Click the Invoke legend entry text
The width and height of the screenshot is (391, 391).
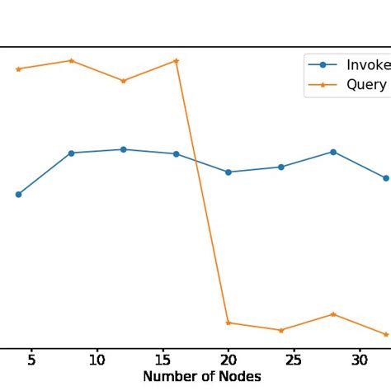pyautogui.click(x=368, y=65)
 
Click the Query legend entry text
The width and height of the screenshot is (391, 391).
pyautogui.click(x=366, y=85)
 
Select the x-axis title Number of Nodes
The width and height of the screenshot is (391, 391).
pyautogui.click(x=202, y=376)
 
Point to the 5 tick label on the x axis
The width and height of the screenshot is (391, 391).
pyautogui.click(x=31, y=359)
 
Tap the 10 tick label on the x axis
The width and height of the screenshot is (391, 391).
pyautogui.click(x=97, y=359)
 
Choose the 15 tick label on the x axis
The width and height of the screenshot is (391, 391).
pyautogui.click(x=163, y=359)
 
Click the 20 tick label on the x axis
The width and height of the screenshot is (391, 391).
pyautogui.click(x=228, y=359)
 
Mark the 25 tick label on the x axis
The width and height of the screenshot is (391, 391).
pyautogui.click(x=294, y=359)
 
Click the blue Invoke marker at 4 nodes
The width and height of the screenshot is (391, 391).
pyautogui.click(x=18, y=195)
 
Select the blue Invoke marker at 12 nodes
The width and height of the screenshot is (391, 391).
pyautogui.click(x=124, y=149)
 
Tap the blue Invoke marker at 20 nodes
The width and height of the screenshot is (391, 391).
pyautogui.click(x=228, y=172)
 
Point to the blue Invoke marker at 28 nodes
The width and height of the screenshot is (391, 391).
pyautogui.click(x=333, y=152)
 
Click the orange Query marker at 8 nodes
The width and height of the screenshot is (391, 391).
pyautogui.click(x=71, y=60)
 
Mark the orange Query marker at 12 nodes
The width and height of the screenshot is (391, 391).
pyautogui.click(x=124, y=81)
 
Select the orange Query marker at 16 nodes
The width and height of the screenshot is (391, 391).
pyautogui.click(x=176, y=60)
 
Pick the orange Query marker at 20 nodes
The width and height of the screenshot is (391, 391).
pyautogui.click(x=228, y=323)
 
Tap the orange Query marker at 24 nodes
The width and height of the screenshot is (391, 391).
pyautogui.click(x=281, y=330)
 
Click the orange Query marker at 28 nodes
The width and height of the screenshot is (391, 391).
pyautogui.click(x=333, y=313)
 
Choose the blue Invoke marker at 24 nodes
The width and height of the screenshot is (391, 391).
pyautogui.click(x=281, y=167)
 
